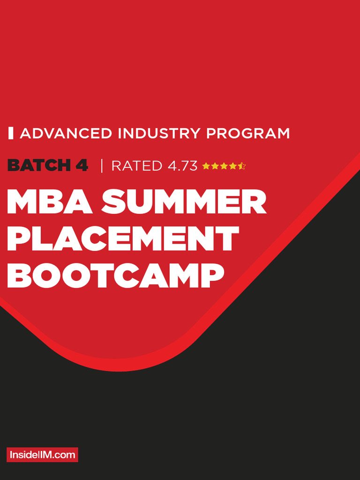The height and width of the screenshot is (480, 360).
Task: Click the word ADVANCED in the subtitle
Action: coord(66,134)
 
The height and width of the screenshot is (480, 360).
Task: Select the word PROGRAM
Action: coord(248,134)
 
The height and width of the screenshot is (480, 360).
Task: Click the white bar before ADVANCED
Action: coord(11,133)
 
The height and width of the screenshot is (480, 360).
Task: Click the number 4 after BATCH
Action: coord(82,165)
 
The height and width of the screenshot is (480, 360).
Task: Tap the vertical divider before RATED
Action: coord(102,165)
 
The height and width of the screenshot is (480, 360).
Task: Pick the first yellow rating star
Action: coord(206,166)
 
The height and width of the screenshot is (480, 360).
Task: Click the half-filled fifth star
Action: coord(241,166)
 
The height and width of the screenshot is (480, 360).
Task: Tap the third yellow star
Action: coord(224,166)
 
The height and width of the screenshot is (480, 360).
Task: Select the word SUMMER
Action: coord(184,202)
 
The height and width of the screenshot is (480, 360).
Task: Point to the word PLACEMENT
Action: coord(123,239)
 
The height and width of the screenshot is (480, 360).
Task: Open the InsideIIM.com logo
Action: coord(42,455)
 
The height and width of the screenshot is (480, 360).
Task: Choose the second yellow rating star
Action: coord(215,166)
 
